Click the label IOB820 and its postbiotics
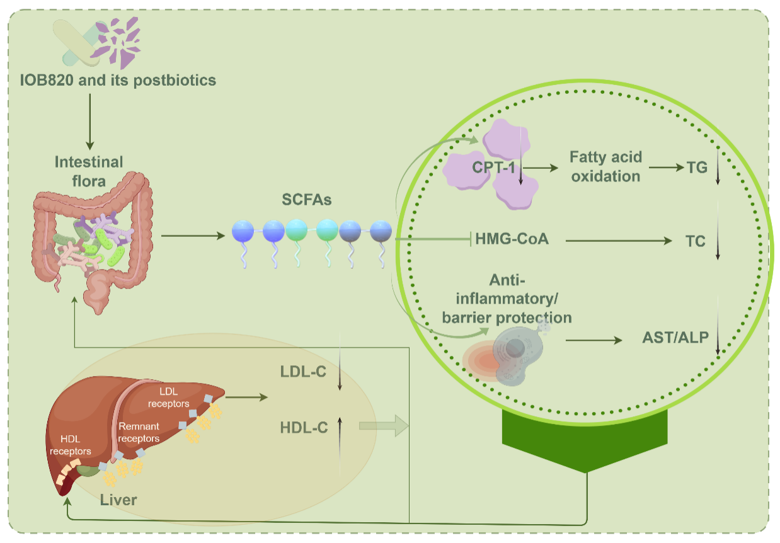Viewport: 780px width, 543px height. pyautogui.click(x=118, y=81)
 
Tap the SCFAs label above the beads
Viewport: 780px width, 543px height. pyautogui.click(x=307, y=200)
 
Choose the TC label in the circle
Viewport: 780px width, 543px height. pyautogui.click(x=695, y=241)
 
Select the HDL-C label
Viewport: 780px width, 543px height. pyautogui.click(x=303, y=428)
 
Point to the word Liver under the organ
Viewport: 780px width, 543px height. pyautogui.click(x=119, y=500)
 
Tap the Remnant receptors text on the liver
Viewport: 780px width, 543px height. pyautogui.click(x=139, y=433)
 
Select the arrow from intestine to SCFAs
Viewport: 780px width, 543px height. pyautogui.click(x=193, y=236)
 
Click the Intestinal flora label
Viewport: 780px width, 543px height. pyautogui.click(x=89, y=171)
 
